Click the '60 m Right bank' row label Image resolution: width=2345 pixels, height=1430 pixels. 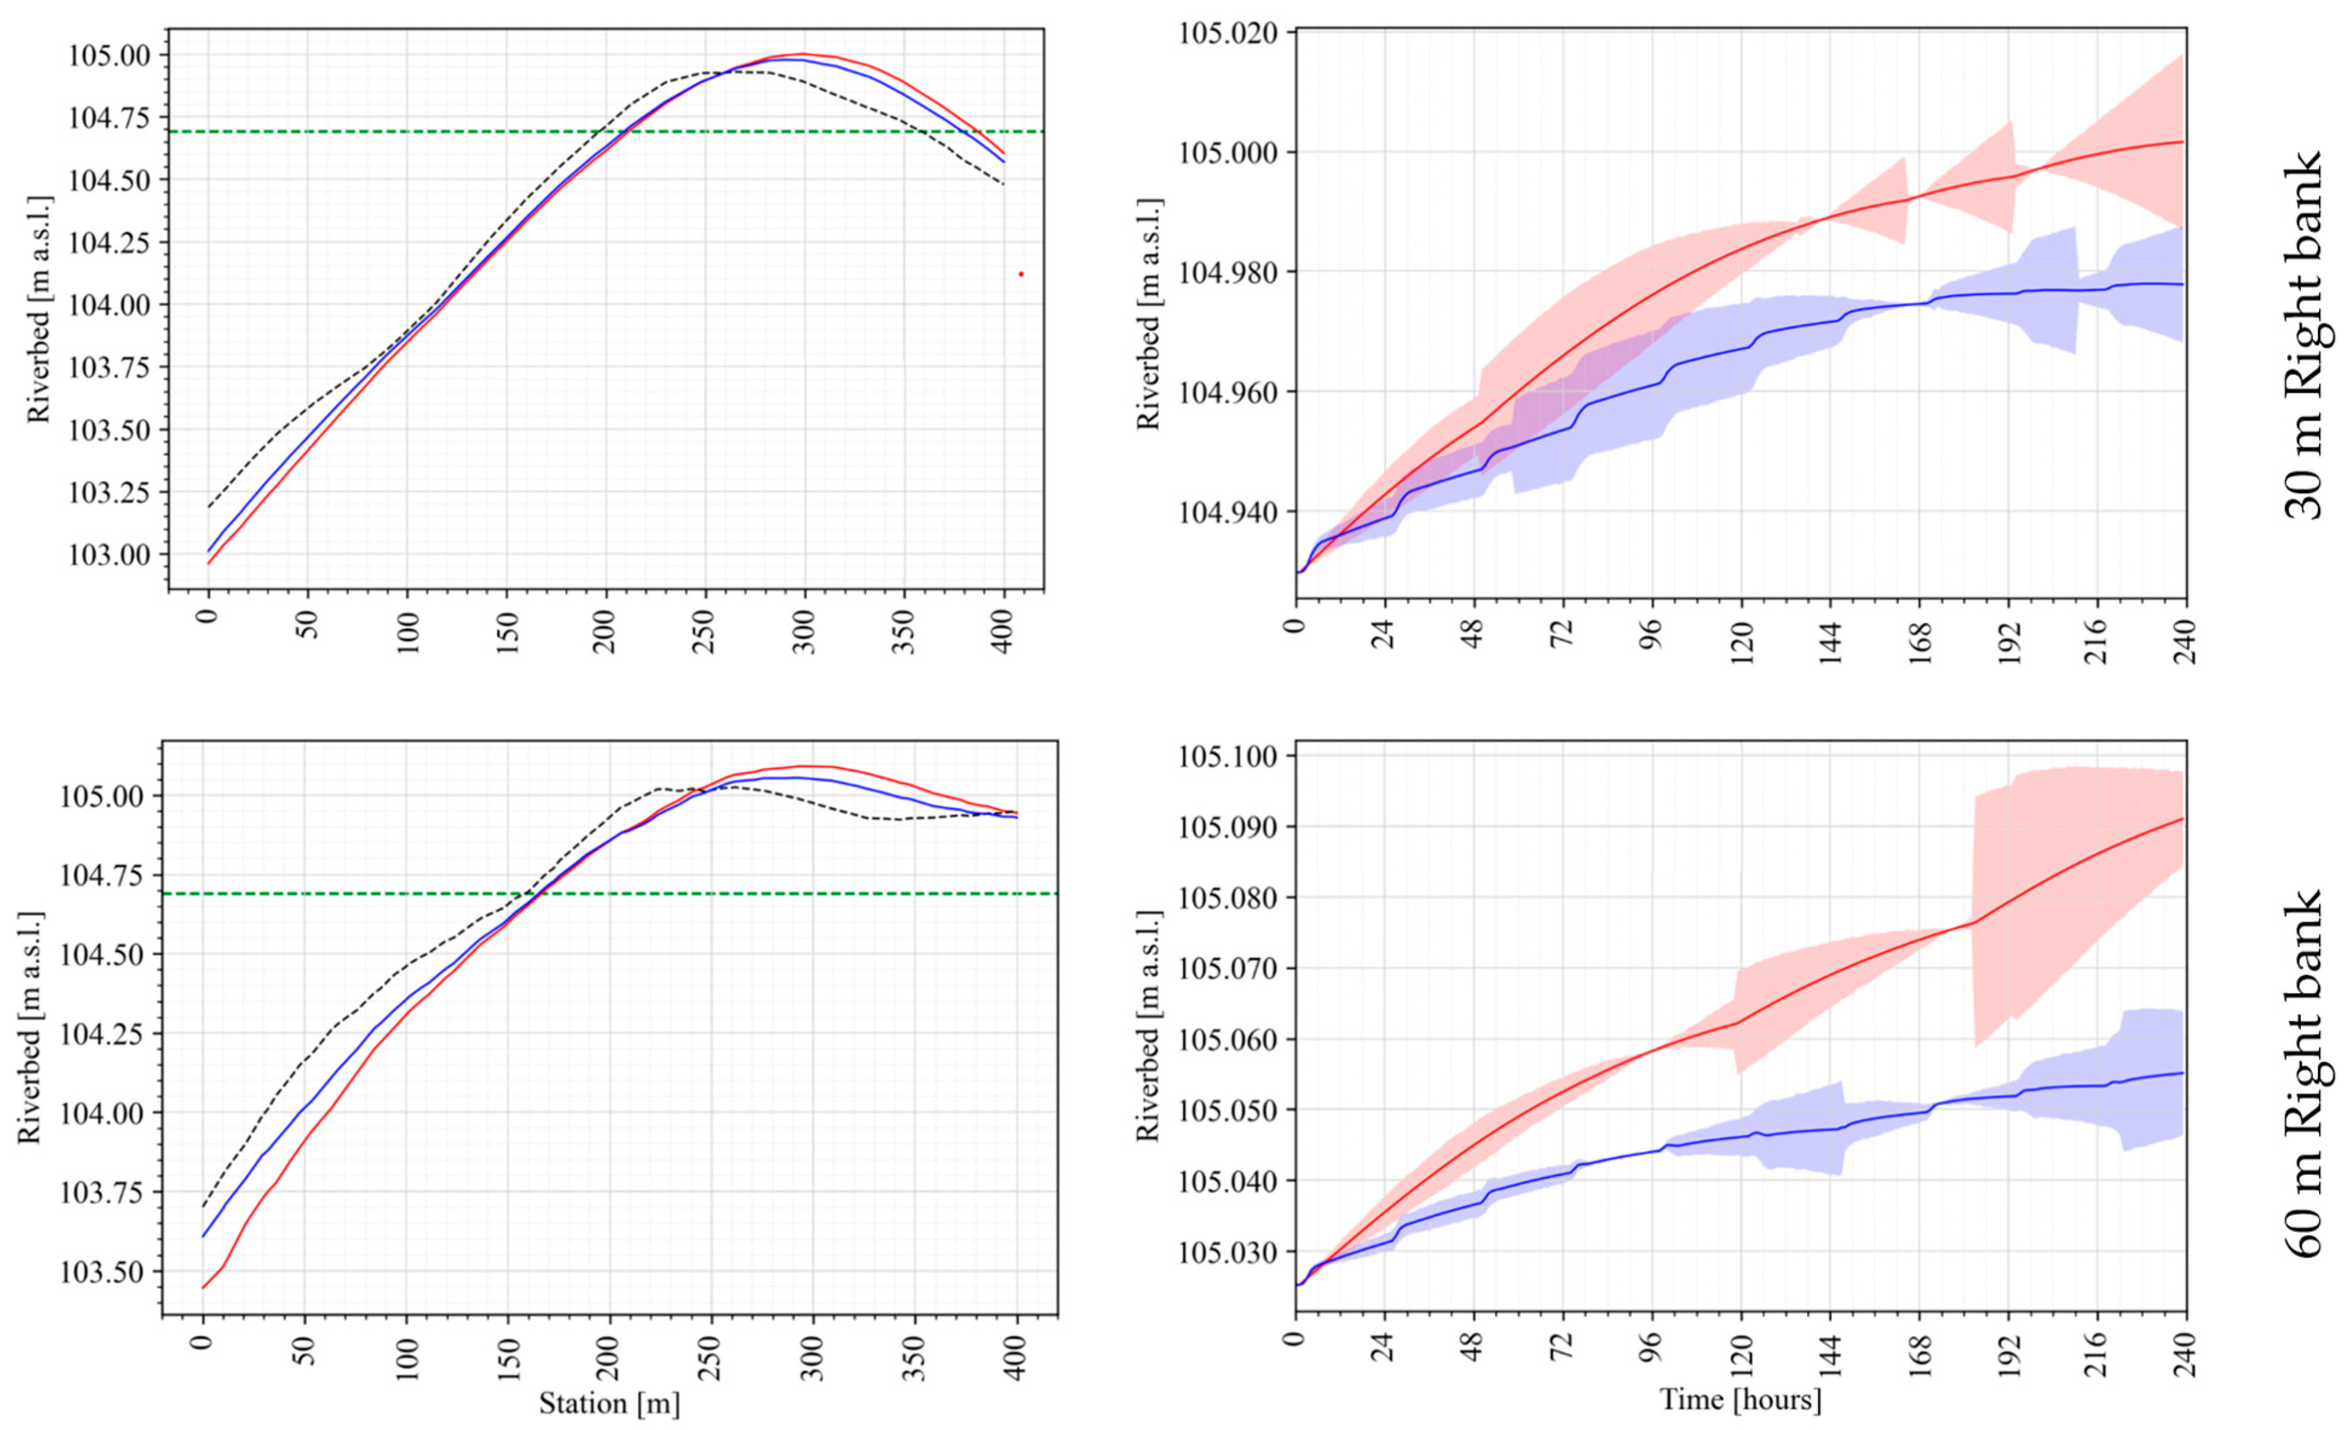pos(2303,1076)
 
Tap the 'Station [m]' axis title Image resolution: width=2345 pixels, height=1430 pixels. pos(609,1403)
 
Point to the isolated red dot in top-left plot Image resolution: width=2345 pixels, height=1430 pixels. pos(1021,274)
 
